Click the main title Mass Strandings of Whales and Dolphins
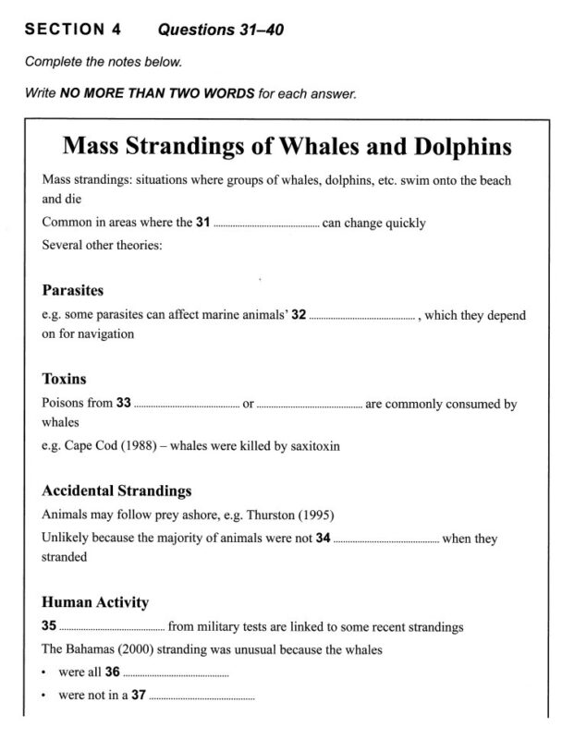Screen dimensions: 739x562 287,147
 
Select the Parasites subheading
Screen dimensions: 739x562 73,290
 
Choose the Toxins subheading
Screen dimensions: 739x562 65,378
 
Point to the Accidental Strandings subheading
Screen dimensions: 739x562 117,491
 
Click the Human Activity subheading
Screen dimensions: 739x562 95,602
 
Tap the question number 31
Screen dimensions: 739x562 203,224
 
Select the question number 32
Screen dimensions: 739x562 299,315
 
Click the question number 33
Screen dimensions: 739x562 124,404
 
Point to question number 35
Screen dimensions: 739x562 50,627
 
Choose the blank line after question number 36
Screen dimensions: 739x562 175,674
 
